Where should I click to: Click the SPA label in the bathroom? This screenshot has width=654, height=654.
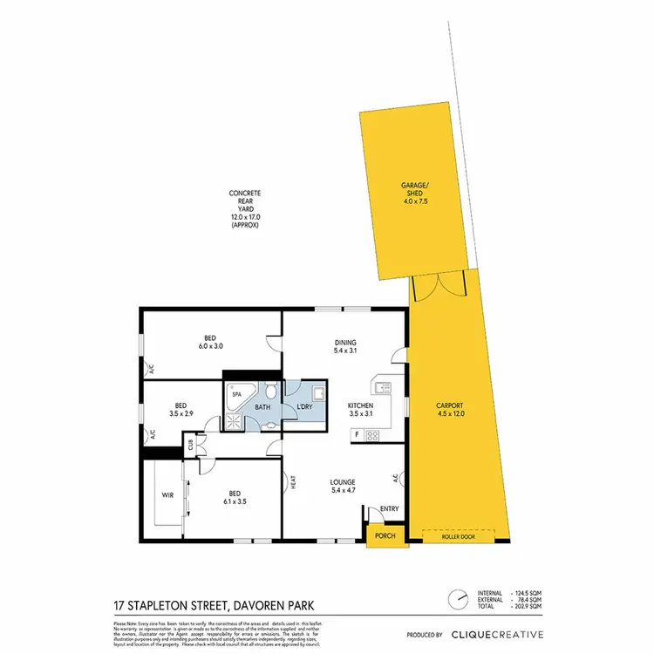[235, 394]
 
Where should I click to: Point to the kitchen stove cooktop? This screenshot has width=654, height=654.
[373, 435]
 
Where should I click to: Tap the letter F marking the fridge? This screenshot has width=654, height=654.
[358, 434]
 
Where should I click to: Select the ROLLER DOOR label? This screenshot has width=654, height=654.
[459, 537]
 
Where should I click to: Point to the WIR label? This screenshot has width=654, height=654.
[167, 494]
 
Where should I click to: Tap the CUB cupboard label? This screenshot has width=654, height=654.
[189, 444]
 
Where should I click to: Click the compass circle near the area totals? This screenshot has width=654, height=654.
[456, 601]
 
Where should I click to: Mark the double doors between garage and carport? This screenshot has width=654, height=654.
[435, 288]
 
